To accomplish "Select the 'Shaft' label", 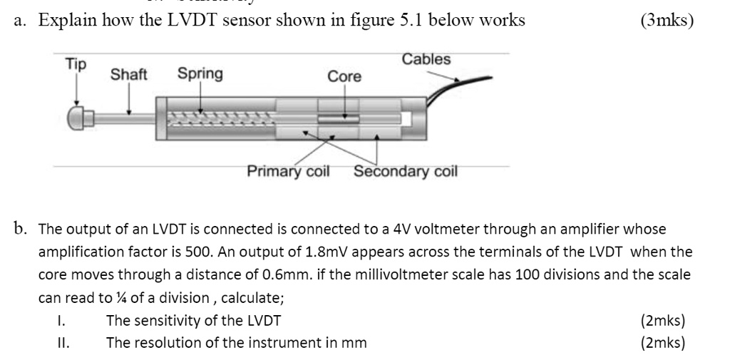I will tap(128, 74).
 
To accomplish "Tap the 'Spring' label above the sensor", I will tap(200, 73).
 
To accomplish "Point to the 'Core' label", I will tap(344, 76).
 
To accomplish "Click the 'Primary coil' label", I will tap(288, 172).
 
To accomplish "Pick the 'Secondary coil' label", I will tap(405, 172).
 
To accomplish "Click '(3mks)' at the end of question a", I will tap(667, 20).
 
